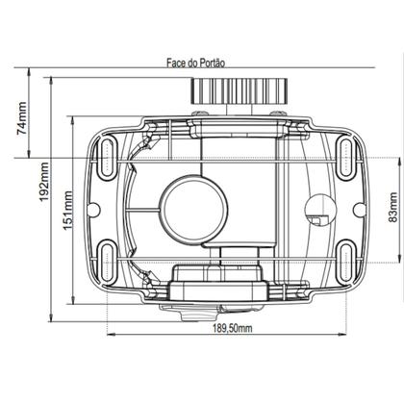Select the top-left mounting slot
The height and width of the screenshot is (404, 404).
[x=109, y=156]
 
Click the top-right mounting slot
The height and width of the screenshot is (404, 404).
[x=344, y=156]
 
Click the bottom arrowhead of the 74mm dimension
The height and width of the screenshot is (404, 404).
[x=38, y=155]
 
